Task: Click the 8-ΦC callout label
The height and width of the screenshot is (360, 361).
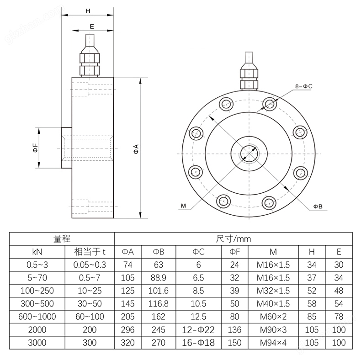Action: click(303, 86)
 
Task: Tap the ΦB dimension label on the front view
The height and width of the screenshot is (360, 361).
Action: click(318, 206)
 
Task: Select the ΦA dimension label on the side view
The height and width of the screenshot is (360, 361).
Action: click(136, 148)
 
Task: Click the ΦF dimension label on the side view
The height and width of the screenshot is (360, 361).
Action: click(35, 148)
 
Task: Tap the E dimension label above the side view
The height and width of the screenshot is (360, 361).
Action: click(92, 26)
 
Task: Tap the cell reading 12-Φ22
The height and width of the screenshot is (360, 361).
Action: click(199, 329)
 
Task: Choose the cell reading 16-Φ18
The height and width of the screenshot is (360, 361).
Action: click(199, 342)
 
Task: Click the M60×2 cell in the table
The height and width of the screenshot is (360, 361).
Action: click(273, 316)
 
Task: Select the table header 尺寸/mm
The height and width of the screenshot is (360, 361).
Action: click(233, 238)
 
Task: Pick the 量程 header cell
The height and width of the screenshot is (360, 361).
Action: click(62, 238)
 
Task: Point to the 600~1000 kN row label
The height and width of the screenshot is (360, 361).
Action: click(37, 316)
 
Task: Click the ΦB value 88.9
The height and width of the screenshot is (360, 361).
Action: click(158, 277)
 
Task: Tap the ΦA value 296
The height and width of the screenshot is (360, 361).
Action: click(127, 329)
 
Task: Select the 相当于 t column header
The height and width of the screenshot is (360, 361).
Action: click(90, 251)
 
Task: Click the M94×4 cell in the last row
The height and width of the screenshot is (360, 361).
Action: click(273, 342)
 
